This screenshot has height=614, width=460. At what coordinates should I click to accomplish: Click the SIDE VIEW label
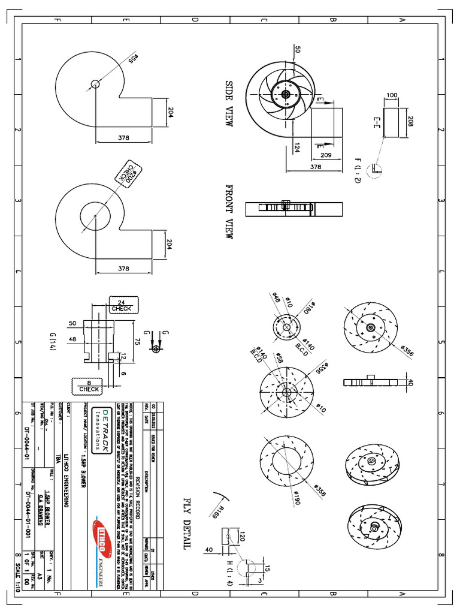click(x=229, y=103)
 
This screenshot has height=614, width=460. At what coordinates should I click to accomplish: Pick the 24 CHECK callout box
click(x=121, y=305)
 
